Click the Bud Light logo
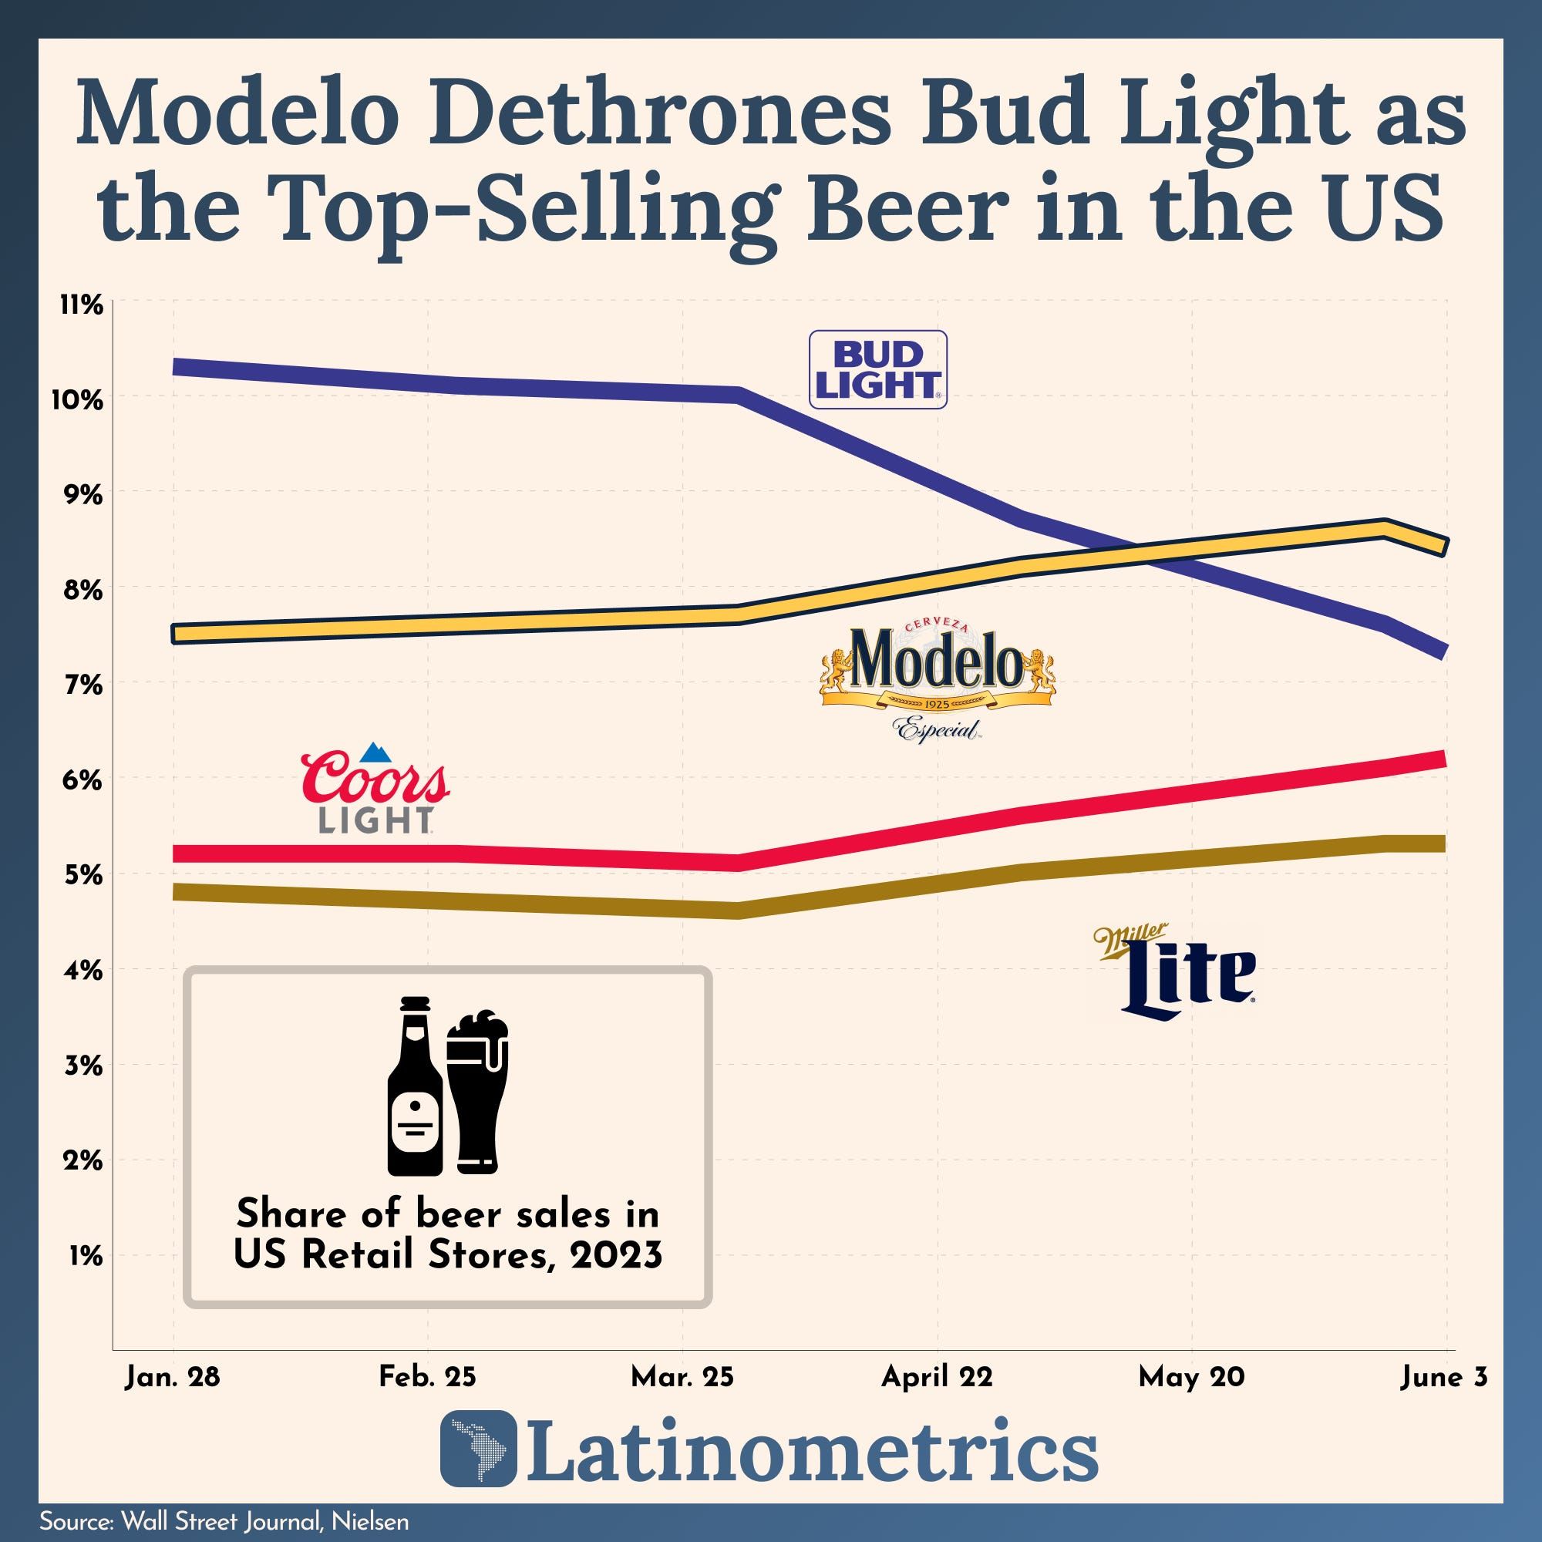tap(877, 369)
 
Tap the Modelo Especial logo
tap(937, 679)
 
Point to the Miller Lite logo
tap(1177, 973)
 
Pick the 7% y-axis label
tap(82, 685)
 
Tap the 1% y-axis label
tap(86, 1256)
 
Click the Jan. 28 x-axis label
tap(173, 1377)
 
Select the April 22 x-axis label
tap(936, 1377)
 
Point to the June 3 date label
tap(1443, 1377)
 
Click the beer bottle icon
tap(415, 1086)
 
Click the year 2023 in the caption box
tap(615, 1255)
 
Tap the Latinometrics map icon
tap(477, 1459)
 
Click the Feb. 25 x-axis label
tap(427, 1377)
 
